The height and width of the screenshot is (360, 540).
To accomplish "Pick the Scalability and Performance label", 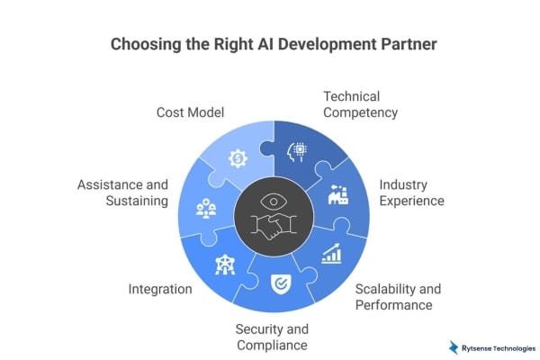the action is (x=398, y=297).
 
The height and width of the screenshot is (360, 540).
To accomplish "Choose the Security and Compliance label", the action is (x=271, y=337).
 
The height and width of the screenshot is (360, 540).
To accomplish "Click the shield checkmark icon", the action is (x=279, y=283).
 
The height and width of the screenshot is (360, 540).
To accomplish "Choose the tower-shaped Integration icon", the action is (x=222, y=264).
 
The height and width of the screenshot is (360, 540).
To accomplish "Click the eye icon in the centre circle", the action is (x=271, y=201).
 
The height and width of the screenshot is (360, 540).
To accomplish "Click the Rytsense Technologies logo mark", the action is (x=454, y=346).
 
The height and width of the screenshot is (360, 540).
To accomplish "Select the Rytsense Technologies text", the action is (x=497, y=346).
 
